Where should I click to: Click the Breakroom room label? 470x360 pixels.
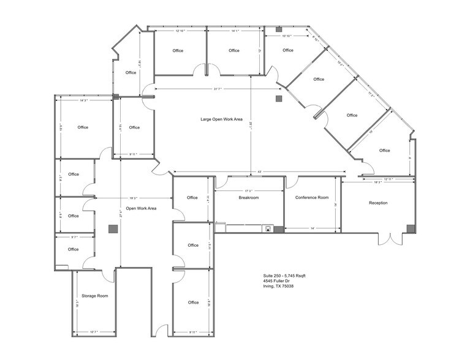point(249,198)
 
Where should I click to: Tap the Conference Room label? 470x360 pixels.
point(312,198)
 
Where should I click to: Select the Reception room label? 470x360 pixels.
point(378,203)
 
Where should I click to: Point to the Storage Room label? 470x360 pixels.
point(94,296)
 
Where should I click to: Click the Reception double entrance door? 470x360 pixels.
point(388,239)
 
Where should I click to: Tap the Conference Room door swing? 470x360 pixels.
point(292,182)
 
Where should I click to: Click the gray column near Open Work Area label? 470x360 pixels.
point(113,229)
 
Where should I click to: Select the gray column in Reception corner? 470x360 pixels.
point(409,228)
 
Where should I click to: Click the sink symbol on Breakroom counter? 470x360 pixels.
point(267,229)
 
